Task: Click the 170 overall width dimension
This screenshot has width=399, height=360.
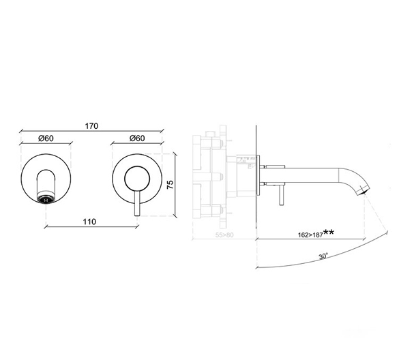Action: click(x=93, y=125)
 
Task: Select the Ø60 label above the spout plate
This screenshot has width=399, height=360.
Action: click(x=46, y=138)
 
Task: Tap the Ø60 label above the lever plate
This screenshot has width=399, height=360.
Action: click(x=136, y=138)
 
